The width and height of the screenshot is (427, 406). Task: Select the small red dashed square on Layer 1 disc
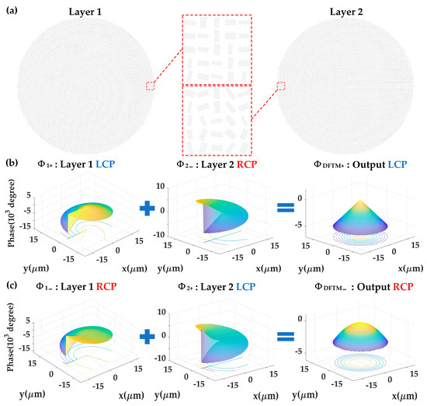[x=150, y=86]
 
